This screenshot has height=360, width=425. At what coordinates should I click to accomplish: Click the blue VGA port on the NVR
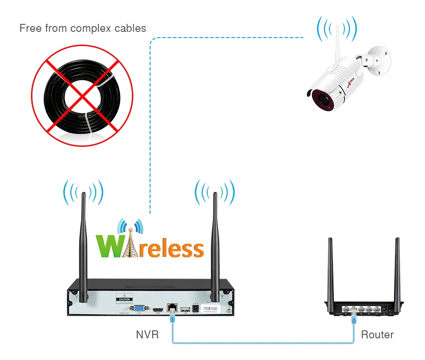coord(139,308)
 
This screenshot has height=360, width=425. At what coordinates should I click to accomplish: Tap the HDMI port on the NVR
coord(157,308)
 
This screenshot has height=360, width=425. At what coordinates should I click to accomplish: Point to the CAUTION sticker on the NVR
coord(124,299)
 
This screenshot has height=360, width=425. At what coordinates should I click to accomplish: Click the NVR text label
coord(147,335)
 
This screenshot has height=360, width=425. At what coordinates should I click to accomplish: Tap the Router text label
coord(377,335)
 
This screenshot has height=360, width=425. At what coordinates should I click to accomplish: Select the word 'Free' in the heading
coord(31,29)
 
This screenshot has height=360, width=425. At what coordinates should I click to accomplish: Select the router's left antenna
coord(330,270)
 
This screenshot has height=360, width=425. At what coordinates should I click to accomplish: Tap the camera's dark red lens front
coord(322,99)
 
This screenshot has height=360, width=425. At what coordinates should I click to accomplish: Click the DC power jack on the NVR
coord(195,307)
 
